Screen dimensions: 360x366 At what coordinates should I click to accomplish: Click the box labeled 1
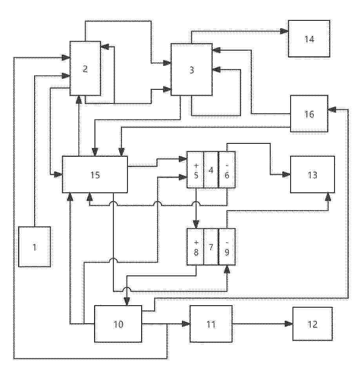(35, 246)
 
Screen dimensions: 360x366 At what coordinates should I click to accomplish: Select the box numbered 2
(85, 69)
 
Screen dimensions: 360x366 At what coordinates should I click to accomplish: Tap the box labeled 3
(191, 70)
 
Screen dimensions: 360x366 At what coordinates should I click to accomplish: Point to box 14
(309, 38)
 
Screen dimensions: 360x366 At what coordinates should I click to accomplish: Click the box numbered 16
(309, 114)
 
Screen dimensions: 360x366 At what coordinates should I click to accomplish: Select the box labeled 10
(118, 324)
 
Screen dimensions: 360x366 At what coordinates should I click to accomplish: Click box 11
(211, 324)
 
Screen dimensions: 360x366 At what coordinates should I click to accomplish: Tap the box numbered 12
(313, 324)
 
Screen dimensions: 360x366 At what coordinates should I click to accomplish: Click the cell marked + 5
(196, 170)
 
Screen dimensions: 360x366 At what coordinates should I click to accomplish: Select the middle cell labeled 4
(211, 170)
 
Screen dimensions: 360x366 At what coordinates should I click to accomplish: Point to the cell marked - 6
(227, 170)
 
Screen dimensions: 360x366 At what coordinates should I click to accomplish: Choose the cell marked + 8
(196, 247)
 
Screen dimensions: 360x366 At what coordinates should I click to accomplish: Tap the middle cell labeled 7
(211, 247)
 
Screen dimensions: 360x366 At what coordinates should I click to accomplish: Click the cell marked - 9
(227, 247)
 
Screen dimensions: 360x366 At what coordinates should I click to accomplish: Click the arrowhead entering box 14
(284, 31)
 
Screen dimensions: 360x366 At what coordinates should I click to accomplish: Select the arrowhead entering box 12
(289, 324)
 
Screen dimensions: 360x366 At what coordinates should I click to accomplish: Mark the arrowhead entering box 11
(186, 324)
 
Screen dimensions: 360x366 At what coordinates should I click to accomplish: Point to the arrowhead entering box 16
(332, 109)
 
